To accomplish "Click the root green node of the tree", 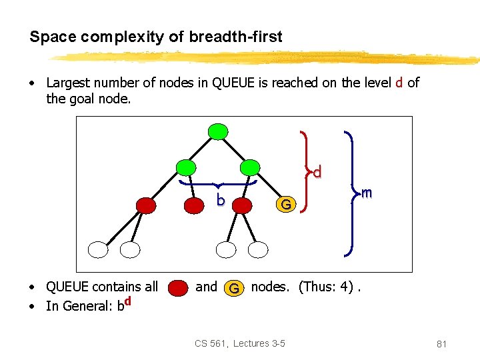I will tap(218, 131).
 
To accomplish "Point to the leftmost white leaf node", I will tap(99, 249).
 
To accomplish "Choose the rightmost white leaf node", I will tap(259, 249).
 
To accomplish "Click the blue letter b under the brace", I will tap(220, 200).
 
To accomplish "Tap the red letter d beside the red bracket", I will tap(317, 172).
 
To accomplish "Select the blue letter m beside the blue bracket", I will tap(365, 193).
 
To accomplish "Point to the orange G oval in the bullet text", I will tap(233, 288).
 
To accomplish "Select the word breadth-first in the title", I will tap(238, 37).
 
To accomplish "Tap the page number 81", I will tap(441, 344).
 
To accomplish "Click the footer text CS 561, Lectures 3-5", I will tap(240, 343).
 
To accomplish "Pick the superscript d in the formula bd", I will tap(127, 301).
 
